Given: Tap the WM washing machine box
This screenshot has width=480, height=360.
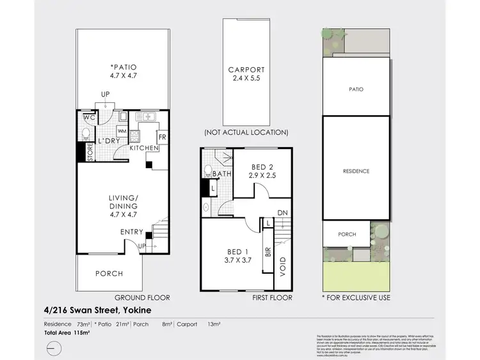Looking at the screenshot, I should tap(140, 131).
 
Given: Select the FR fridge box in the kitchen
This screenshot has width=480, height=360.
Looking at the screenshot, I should tap(162, 137).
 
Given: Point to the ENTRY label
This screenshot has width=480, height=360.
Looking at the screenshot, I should tap(132, 231).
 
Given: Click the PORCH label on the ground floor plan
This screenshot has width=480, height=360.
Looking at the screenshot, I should tap(109, 274).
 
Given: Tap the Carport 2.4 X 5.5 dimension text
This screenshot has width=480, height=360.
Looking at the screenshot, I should tap(246, 79).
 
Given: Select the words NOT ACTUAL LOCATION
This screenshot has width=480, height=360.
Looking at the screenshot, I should tap(246, 132).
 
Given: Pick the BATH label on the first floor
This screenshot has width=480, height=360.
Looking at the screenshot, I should tap(222, 174).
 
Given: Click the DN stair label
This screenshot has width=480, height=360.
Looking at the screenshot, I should tap(283, 213).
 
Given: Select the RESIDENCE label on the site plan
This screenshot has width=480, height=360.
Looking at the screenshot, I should tap(356, 171).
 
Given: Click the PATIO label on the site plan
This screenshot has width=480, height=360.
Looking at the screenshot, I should tap(356, 90).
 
